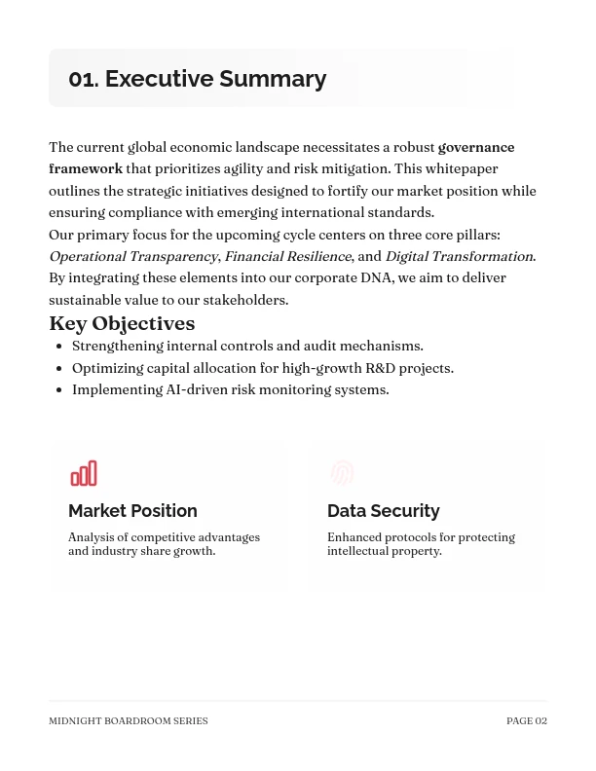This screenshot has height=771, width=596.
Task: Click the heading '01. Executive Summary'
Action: [197, 79]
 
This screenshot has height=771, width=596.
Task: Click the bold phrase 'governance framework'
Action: [475, 148]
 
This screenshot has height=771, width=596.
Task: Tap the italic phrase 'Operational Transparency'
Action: [133, 256]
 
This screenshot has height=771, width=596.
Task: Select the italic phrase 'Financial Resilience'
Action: [287, 256]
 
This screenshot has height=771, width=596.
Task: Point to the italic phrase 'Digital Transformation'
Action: [459, 256]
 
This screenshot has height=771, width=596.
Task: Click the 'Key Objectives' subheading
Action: [122, 323]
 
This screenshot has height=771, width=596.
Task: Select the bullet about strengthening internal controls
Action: [247, 346]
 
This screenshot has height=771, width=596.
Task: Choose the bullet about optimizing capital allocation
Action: [262, 368]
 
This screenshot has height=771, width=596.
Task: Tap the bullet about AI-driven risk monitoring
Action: [230, 389]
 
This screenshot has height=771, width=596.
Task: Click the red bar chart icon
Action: [84, 473]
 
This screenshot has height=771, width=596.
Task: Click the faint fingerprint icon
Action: [341, 473]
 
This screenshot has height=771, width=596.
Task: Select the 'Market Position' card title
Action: [132, 511]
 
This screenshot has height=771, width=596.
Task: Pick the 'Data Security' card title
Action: [383, 511]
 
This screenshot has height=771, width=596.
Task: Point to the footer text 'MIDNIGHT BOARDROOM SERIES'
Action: [128, 721]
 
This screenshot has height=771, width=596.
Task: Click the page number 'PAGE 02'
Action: [526, 721]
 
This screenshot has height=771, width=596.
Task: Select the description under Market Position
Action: [164, 544]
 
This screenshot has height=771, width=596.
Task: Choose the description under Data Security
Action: [421, 544]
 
